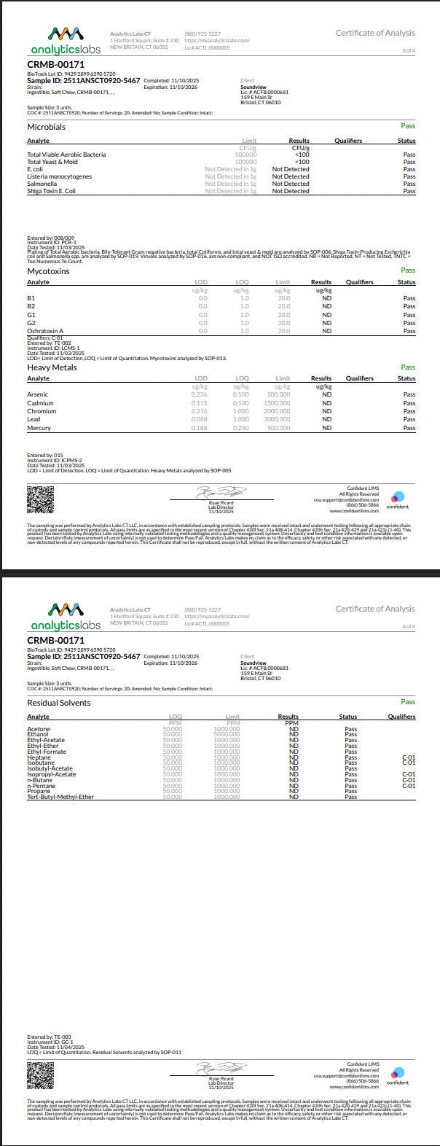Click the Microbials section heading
pos(46,127)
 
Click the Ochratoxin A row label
pos(45,331)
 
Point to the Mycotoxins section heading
pos(48,270)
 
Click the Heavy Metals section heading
pos(52,367)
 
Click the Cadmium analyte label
pos(40,403)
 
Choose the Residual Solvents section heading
pos(59,703)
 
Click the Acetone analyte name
pos(39,728)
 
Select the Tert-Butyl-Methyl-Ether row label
pos(60,797)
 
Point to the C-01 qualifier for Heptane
pos(409,757)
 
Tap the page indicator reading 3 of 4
pos(409,51)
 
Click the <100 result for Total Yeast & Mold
pos(301,162)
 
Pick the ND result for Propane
pos(294,791)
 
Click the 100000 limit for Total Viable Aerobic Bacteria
pos(245,155)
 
